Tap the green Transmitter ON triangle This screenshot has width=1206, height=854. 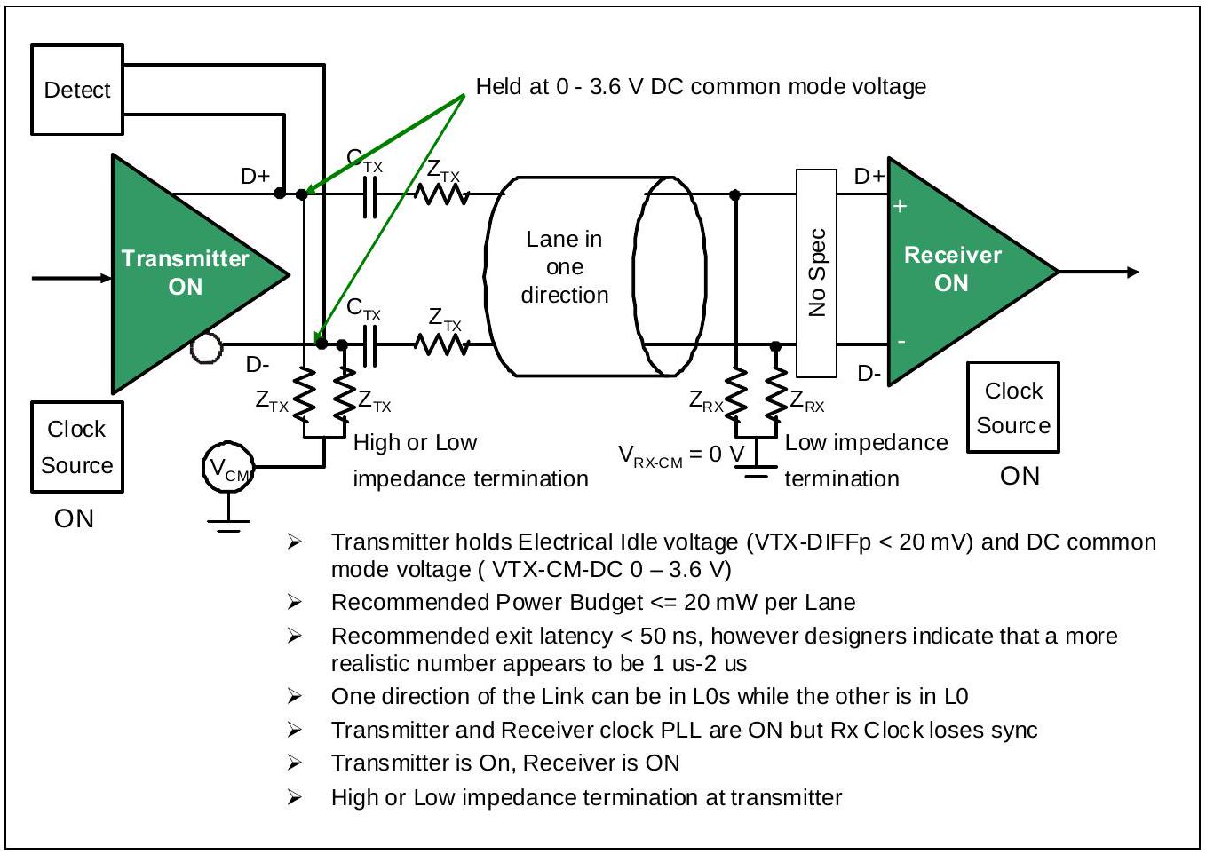click(x=183, y=273)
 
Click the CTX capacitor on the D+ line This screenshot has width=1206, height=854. click(x=369, y=197)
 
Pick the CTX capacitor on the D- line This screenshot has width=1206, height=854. click(x=369, y=346)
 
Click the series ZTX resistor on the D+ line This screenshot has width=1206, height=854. click(x=441, y=194)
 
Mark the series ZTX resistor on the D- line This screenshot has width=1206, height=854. click(x=441, y=344)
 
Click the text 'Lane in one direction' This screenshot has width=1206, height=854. click(x=564, y=267)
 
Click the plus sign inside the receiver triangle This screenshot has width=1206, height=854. click(x=900, y=206)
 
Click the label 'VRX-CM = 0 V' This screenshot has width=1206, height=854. click(x=682, y=455)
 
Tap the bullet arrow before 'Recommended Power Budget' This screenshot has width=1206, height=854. click(x=294, y=602)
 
